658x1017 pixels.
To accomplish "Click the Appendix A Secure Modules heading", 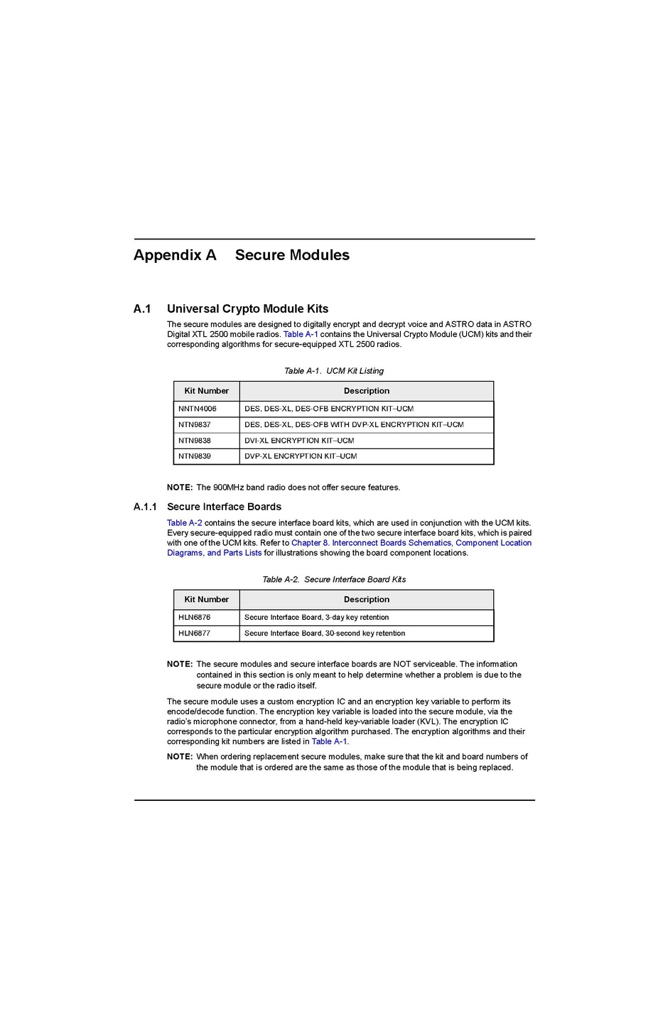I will click(x=242, y=255).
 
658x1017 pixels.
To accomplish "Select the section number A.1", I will click(x=142, y=309).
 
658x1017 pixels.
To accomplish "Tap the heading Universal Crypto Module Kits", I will click(x=247, y=309).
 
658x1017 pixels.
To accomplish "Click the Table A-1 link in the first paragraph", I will click(x=301, y=335).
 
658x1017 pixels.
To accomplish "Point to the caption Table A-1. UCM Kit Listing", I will click(x=333, y=371).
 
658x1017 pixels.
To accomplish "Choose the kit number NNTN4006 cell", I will click(x=198, y=409).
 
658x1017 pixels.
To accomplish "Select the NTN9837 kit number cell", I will click(x=195, y=425).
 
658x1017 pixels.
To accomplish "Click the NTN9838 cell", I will click(x=195, y=441).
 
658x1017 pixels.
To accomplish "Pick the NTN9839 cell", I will click(x=195, y=456).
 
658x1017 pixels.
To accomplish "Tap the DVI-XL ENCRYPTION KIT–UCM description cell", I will click(x=299, y=441).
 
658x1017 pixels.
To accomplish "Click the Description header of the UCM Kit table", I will click(x=366, y=391).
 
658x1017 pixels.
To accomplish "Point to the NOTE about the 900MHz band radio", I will click(x=284, y=488).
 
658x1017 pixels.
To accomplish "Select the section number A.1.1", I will click(x=145, y=507).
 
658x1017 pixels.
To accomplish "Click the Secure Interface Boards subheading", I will click(x=224, y=507).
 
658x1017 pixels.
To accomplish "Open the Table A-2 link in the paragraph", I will click(x=185, y=523).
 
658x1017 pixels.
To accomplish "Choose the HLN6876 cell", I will click(x=195, y=618).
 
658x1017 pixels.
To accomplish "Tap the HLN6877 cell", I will click(x=195, y=633).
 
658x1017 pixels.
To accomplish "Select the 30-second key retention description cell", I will click(x=325, y=633).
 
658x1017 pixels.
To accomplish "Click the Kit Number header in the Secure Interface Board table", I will click(x=206, y=600).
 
